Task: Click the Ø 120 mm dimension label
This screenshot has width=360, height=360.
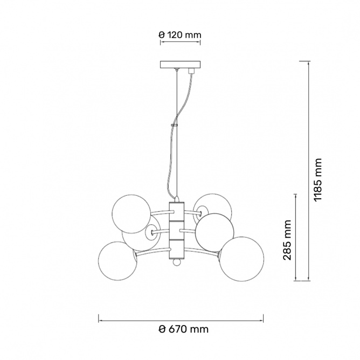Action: pos(180,35)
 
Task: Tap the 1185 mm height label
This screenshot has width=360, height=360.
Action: pos(318,180)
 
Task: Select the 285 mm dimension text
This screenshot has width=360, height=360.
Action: pos(287,240)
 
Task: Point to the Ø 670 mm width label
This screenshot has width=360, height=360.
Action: pos(184,329)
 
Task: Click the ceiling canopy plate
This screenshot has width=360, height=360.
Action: pos(180,65)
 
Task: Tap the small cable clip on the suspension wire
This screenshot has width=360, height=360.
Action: pos(174,125)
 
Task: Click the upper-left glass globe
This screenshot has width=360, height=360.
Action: pos(131,214)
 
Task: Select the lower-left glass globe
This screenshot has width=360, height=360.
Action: pos(118,261)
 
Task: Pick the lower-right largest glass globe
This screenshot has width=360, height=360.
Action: pos(241,259)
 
